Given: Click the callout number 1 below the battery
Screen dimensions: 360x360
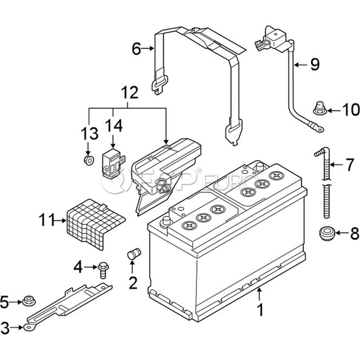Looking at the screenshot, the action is [x=260, y=310].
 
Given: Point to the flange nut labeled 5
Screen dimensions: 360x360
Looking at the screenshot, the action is [x=29, y=301].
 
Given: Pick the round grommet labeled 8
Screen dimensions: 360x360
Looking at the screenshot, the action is [x=328, y=233].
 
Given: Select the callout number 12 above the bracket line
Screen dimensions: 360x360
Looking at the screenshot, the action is [x=130, y=92].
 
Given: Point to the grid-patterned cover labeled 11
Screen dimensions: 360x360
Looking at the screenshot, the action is [x=94, y=224].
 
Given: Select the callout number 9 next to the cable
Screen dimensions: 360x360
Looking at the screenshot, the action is [x=315, y=64].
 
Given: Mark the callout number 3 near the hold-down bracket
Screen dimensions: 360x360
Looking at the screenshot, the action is [x=5, y=328].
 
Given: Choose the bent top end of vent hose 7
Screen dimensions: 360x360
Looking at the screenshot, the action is [x=322, y=152].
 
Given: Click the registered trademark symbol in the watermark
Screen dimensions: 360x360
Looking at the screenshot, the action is [x=199, y=170].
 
